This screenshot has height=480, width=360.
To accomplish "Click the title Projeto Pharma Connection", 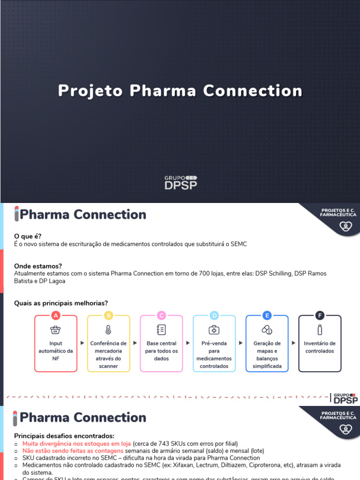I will coord(180,90).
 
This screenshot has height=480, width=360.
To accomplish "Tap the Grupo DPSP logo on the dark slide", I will coord(180,182).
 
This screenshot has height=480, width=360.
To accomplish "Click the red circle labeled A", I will coord(56,315).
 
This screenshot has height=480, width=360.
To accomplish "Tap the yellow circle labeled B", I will coord(108,315).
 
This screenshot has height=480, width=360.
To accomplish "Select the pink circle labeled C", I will coord(161,315).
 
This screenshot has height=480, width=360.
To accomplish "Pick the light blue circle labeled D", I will coord(214,315).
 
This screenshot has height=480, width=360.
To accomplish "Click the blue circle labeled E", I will coord(267,315).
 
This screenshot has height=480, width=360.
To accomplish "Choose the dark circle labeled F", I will coord(320,315).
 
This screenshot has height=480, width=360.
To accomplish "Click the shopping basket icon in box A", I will coord(56,330).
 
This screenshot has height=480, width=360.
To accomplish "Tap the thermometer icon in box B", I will coord(108,330).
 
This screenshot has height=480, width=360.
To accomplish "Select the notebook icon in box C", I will coord(161,330).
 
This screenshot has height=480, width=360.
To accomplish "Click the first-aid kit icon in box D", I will coord(214,330).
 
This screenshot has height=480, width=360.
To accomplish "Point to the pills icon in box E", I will coord(267,330).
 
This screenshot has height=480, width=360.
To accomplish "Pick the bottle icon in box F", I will coord(320,330).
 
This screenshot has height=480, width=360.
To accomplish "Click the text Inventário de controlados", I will coord(320,347).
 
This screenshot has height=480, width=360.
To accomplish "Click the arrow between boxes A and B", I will coord(82,343).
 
